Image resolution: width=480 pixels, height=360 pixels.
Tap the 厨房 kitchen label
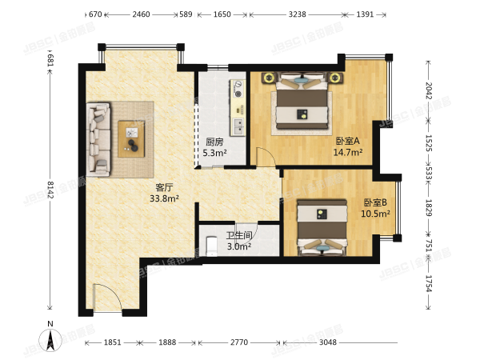coord(214,142)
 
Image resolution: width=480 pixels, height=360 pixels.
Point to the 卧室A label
coord(348,141)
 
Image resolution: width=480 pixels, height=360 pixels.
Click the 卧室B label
coord(375,202)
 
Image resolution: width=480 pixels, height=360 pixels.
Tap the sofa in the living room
coord(99,138)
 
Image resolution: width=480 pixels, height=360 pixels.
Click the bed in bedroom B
coord(321,229)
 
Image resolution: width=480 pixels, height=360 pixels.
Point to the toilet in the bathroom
coord(212,246)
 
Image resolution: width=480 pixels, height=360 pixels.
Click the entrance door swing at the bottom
coord(106,299)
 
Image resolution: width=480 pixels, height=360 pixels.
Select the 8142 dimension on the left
coord(50,190)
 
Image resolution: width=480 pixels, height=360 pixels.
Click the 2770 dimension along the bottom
coord(238,342)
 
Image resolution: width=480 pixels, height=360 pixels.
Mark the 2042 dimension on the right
coord(430,92)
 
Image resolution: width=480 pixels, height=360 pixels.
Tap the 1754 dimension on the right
coord(430,282)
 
